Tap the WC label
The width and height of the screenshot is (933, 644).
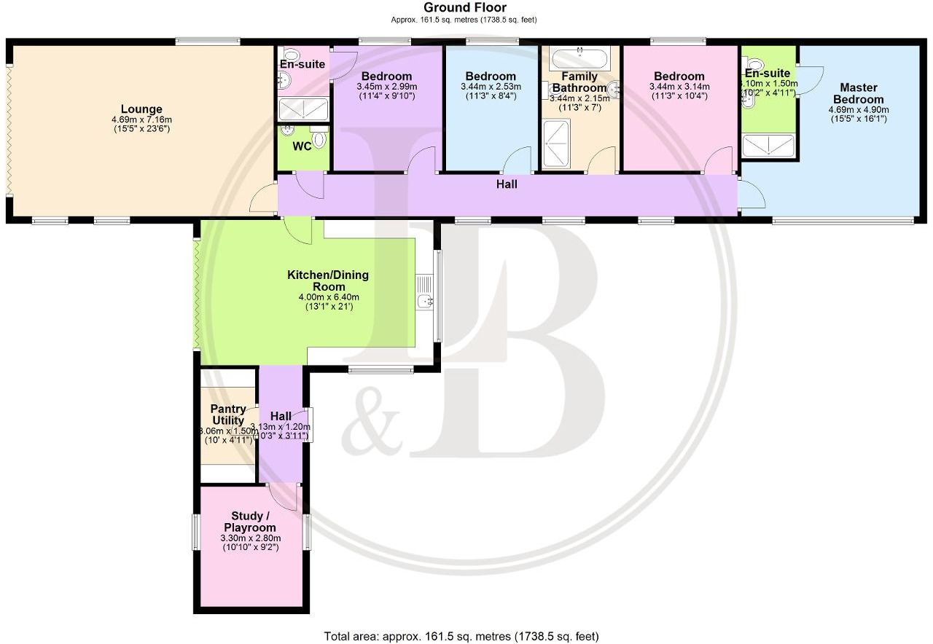[x=302, y=146]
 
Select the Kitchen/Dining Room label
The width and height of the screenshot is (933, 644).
[x=328, y=280]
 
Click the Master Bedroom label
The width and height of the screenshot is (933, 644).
[x=858, y=93]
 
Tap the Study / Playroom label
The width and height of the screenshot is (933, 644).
[x=250, y=522]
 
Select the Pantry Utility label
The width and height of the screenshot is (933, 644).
[x=228, y=415]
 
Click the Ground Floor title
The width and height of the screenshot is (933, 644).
[x=465, y=7]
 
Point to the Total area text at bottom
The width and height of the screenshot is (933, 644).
[x=461, y=636]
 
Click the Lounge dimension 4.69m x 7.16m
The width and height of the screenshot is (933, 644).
[x=141, y=120]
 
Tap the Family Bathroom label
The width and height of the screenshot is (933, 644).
[x=579, y=82]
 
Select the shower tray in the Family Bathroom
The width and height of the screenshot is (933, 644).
[x=558, y=143]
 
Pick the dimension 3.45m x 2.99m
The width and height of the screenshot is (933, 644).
[x=386, y=87]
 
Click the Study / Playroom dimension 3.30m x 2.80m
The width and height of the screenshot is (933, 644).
[x=250, y=538]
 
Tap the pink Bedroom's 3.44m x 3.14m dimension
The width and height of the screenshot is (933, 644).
[x=679, y=87]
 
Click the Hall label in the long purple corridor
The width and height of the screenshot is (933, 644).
[x=507, y=184]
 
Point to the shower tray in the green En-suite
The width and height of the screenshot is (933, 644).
[x=768, y=146]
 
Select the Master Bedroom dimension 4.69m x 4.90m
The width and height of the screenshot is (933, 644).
[x=858, y=110]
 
